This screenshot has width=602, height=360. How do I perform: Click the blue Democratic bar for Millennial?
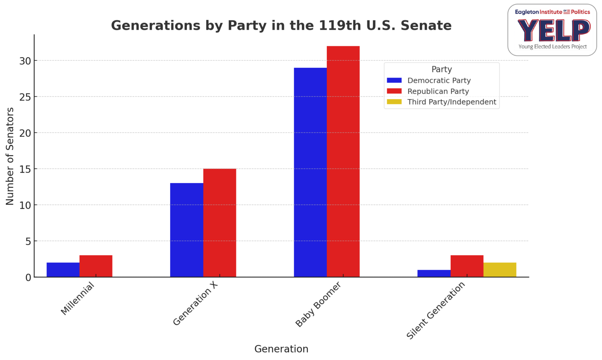63,270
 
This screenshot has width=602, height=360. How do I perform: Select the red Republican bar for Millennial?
96,266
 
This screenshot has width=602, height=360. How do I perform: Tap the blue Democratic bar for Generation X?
187,230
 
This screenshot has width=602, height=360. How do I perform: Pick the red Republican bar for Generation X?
219,223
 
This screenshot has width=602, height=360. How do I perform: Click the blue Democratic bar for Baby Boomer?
310,173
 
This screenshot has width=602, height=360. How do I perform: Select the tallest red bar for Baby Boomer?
343,162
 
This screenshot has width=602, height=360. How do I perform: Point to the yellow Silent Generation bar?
500,270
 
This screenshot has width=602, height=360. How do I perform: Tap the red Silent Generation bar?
467,266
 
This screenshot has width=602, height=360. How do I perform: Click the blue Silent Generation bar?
434,273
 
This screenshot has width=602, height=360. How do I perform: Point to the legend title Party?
442,69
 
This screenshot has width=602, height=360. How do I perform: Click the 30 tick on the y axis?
25,61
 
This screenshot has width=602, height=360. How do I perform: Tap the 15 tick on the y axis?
25,169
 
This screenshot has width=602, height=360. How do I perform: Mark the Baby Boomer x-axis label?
318,304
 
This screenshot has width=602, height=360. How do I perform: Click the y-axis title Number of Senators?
10,156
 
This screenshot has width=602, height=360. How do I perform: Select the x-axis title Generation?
281,349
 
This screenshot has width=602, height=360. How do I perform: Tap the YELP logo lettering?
553,30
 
